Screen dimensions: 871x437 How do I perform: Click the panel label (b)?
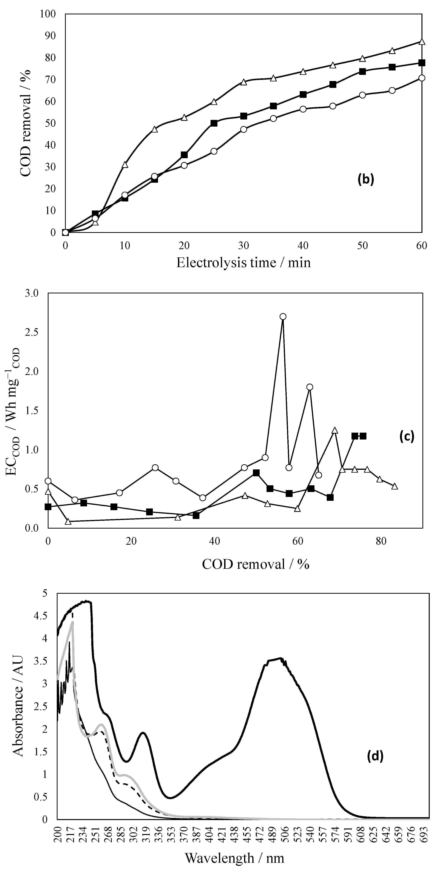click(x=366, y=179)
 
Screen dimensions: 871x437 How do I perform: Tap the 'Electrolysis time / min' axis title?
click(x=243, y=263)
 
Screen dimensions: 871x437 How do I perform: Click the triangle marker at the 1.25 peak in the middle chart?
click(x=335, y=430)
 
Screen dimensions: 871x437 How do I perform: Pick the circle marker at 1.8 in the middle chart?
click(x=309, y=387)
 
